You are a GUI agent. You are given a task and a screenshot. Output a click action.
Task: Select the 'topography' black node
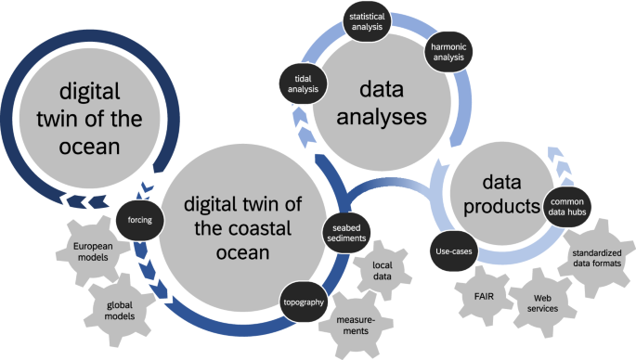[x=304, y=302]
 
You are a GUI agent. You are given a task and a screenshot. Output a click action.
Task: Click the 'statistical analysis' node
[x=367, y=23]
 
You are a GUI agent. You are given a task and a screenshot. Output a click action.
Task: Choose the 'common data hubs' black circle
[x=565, y=207]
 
